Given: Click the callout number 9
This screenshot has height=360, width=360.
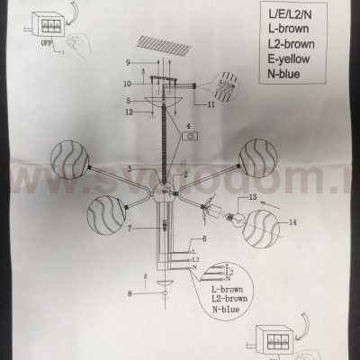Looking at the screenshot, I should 129,62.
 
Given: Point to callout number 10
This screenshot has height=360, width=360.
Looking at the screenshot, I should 129,84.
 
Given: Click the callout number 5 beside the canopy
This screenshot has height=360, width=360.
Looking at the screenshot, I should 129,100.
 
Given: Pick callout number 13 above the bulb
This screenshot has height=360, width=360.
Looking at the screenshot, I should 253,196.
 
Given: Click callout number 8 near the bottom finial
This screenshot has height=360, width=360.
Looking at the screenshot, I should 130,293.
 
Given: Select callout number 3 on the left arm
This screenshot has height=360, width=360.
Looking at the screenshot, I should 130,168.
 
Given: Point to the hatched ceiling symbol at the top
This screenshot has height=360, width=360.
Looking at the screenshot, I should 162,41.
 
